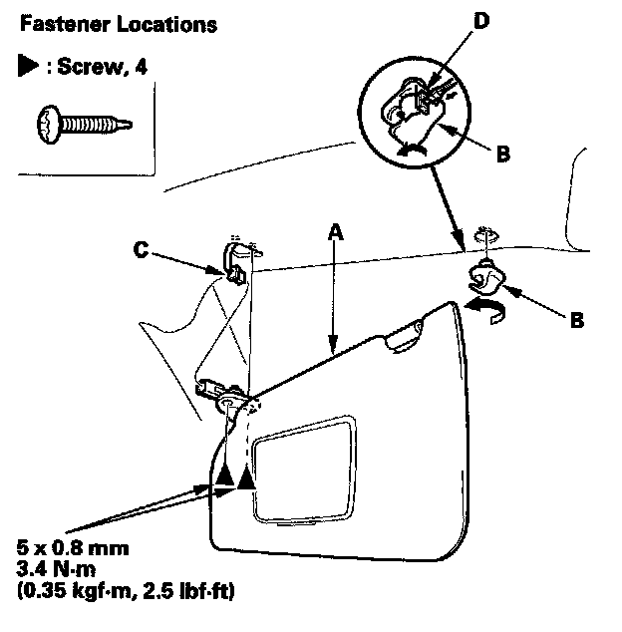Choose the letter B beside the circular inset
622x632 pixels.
coord(503,154)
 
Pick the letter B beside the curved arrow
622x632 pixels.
coord(576,321)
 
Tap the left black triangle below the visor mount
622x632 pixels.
coord(225,477)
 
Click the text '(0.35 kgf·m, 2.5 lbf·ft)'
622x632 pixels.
coord(120,590)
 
